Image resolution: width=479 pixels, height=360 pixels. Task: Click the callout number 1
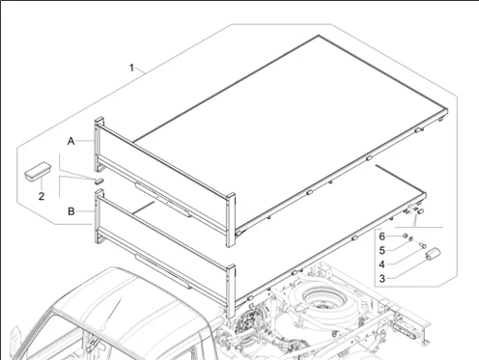tap(131, 68)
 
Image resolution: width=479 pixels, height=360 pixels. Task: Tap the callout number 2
tap(42, 196)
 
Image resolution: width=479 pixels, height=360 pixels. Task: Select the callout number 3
tap(382, 279)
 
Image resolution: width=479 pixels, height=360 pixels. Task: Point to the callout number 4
tap(382, 264)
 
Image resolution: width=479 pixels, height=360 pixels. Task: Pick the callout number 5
tap(382, 250)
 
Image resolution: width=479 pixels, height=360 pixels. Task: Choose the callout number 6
tap(382, 236)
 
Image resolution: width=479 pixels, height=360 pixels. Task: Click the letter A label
tap(71, 141)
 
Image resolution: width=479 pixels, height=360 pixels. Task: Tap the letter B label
tap(71, 211)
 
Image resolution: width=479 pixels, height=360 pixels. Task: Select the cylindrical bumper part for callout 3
tap(433, 253)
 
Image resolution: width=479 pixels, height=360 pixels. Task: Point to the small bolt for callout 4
tap(423, 246)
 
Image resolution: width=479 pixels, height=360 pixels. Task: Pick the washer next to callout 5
tap(411, 238)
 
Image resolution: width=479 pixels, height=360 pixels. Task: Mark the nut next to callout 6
tap(405, 235)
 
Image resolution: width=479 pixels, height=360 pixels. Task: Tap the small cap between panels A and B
tap(99, 180)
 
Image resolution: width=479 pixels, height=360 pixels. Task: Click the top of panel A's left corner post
tap(99, 120)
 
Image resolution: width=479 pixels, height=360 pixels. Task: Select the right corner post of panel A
tap(231, 220)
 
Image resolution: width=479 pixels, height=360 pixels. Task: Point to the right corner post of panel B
tap(231, 291)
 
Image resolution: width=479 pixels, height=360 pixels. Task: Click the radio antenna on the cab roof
tap(111, 314)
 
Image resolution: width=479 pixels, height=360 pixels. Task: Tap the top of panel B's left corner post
tap(99, 192)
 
